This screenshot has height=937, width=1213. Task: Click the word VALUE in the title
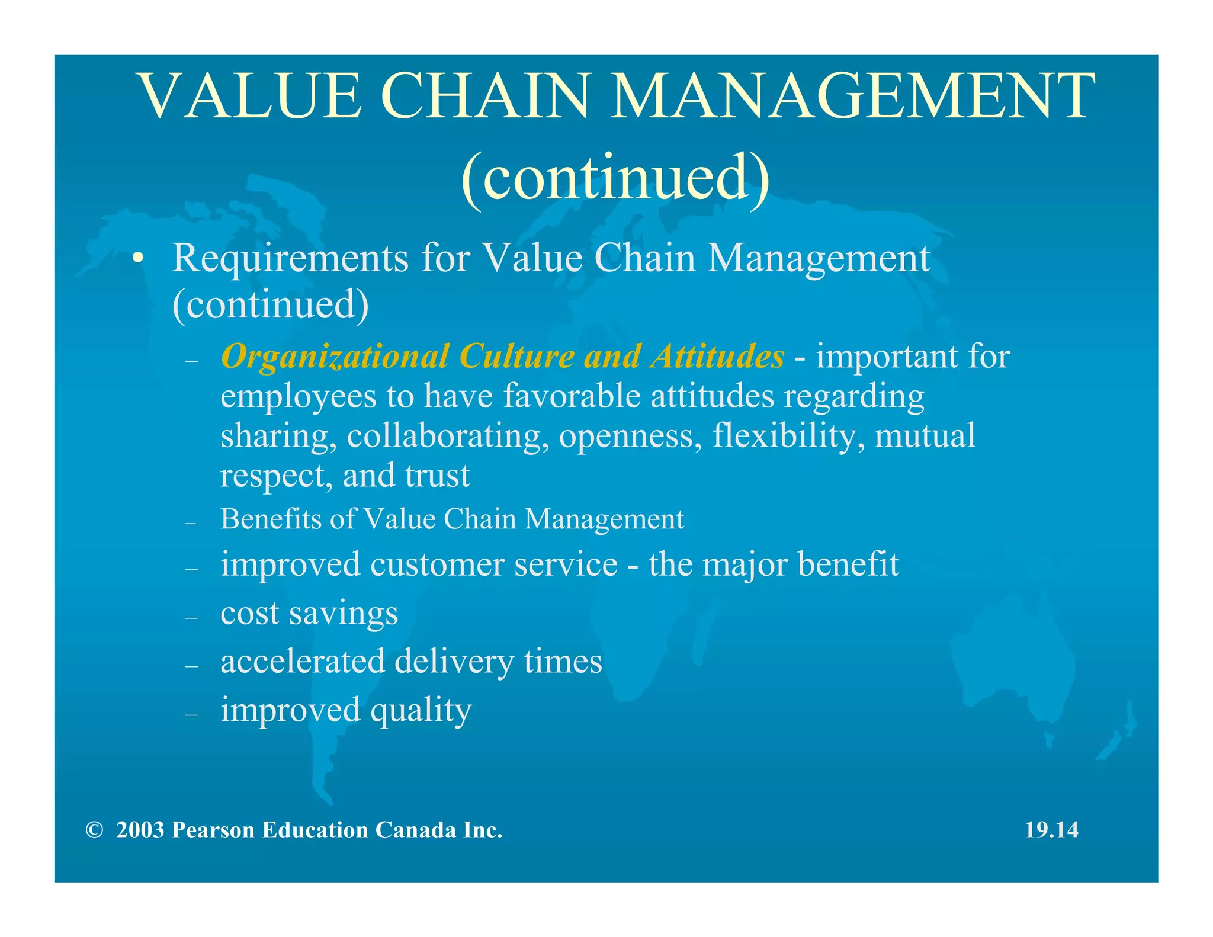tap(249, 96)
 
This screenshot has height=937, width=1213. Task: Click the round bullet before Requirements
tap(138, 259)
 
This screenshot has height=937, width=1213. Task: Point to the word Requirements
tap(290, 259)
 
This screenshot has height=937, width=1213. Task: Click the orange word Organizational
tap(335, 357)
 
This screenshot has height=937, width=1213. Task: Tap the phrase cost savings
tap(309, 614)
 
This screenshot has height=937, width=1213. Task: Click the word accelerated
tap(303, 662)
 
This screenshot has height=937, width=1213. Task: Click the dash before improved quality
tap(191, 715)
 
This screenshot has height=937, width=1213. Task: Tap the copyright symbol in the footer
tap(94, 830)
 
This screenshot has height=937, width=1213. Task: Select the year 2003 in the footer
tap(140, 830)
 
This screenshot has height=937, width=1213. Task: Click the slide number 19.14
tap(1051, 830)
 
